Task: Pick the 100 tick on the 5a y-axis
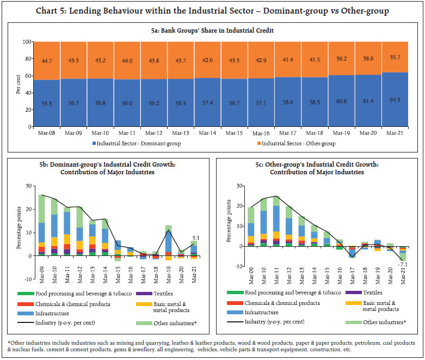[26, 41]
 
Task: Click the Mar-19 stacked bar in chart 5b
[169, 240]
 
